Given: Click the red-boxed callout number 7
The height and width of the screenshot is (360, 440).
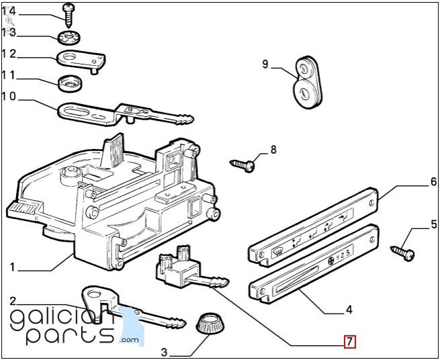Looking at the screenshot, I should point(349,342).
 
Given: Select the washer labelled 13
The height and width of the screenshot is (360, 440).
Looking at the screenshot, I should point(68,36).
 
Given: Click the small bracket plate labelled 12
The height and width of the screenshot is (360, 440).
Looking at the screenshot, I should point(77,58).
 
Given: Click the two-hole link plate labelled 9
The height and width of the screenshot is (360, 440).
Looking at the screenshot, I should point(309,81).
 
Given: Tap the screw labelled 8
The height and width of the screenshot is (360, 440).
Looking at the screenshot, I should point(246,163).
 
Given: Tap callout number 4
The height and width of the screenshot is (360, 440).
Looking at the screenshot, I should point(348,310).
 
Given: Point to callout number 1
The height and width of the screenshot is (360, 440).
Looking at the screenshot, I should point(11,267).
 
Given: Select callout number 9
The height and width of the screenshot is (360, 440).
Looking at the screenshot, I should point(265,64).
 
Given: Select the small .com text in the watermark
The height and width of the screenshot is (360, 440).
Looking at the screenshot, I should point(129,342).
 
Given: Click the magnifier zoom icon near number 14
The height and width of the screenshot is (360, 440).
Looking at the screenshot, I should point(9,21).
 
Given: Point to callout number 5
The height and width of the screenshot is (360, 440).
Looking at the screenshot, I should point(433,224).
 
